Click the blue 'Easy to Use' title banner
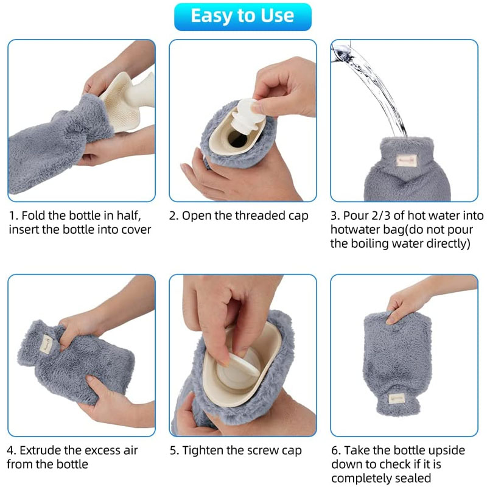pyautogui.click(x=242, y=16)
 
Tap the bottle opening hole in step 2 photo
pyautogui.click(x=238, y=142)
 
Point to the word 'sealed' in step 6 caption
pyautogui.click(x=414, y=478)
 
